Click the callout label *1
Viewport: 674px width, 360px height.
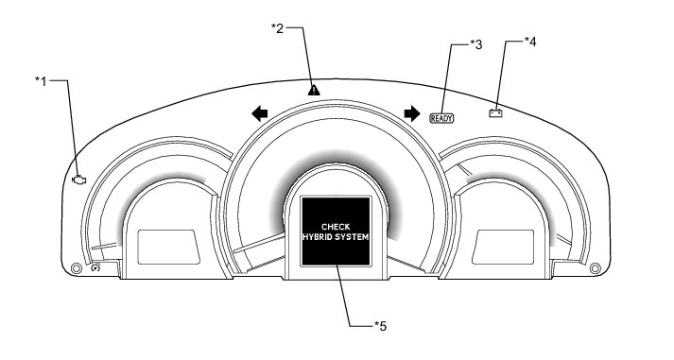tap(41, 80)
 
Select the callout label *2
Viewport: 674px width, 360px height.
tap(278, 28)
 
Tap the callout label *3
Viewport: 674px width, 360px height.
tap(475, 44)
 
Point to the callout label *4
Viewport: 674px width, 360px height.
tap(530, 43)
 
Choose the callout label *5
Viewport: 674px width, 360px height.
tap(380, 326)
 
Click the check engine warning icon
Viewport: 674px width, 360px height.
tap(79, 180)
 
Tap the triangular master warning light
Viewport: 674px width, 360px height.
tap(314, 90)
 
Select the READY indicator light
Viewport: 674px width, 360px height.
tap(441, 118)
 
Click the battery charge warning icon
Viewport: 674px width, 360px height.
tap(495, 113)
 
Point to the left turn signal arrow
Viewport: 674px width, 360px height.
tap(260, 113)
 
